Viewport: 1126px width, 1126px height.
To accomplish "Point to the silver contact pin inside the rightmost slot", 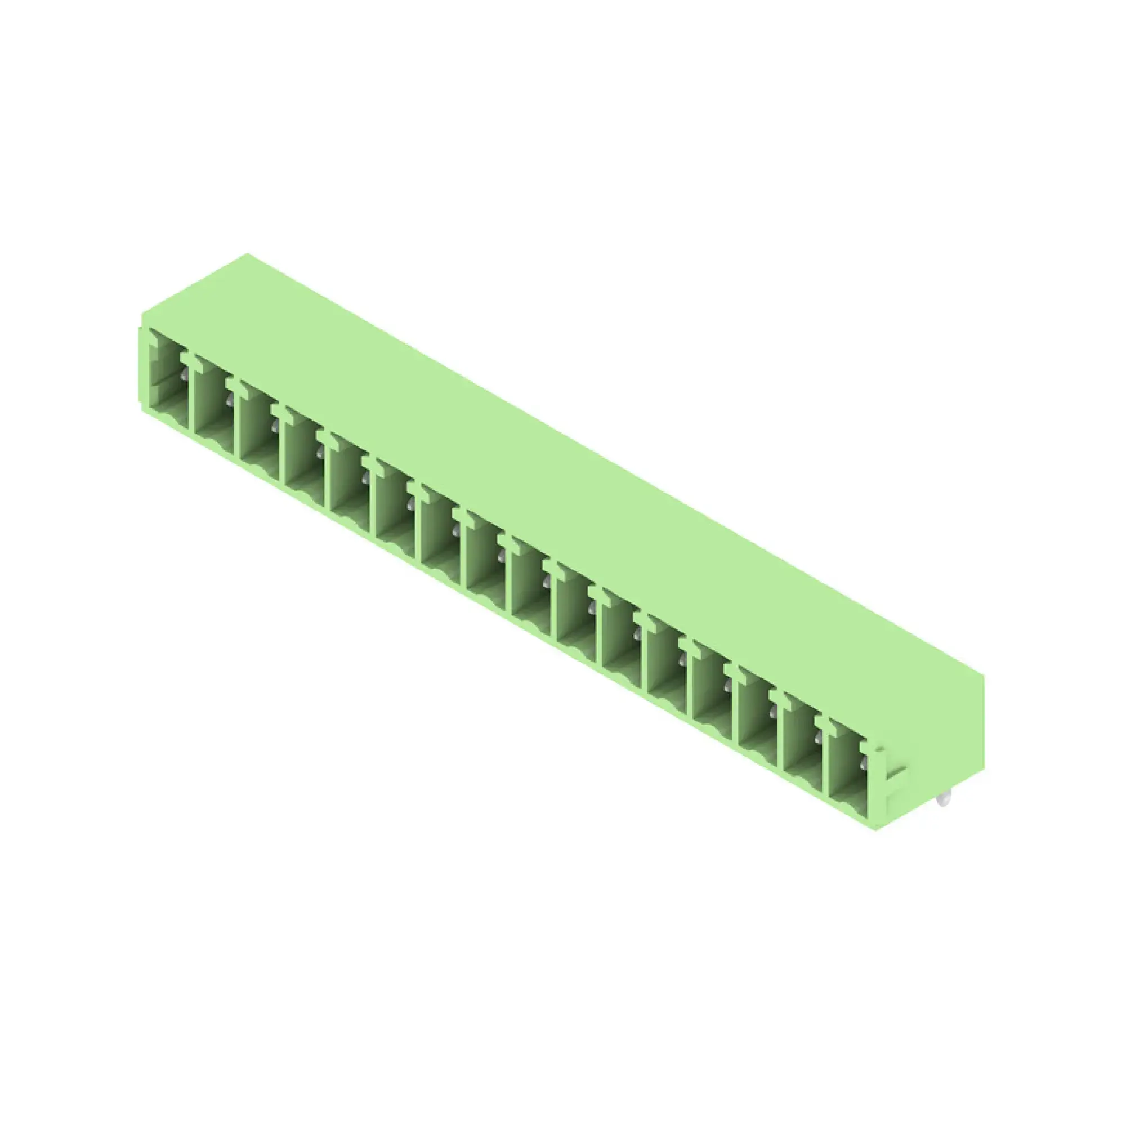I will coord(863,763).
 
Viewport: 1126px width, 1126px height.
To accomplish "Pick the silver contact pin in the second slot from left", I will coord(229,399).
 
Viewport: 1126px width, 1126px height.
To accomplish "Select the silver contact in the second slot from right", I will coord(817,741).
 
